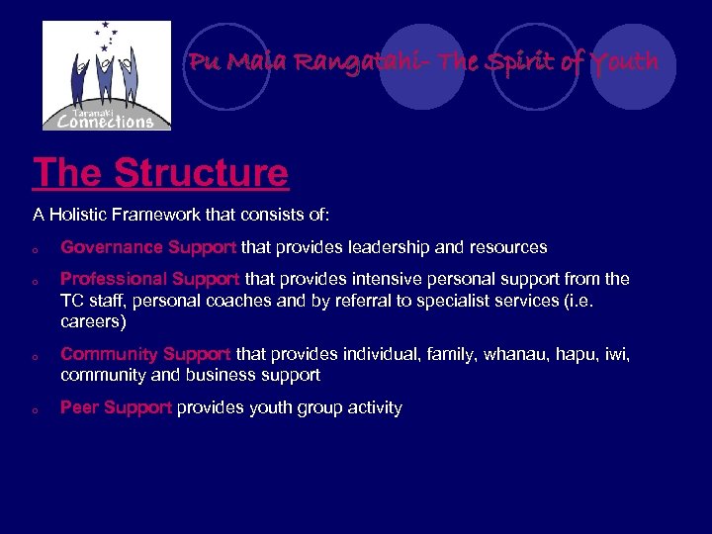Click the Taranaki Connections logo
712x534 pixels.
(107, 75)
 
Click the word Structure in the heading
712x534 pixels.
(201, 173)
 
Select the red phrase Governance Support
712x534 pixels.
(148, 247)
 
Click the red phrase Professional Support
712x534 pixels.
(150, 280)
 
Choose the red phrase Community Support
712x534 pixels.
(145, 354)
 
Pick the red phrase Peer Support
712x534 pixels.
(116, 408)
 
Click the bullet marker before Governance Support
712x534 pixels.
(35, 249)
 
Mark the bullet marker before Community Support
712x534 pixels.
(35, 356)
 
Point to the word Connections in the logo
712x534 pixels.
(106, 121)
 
